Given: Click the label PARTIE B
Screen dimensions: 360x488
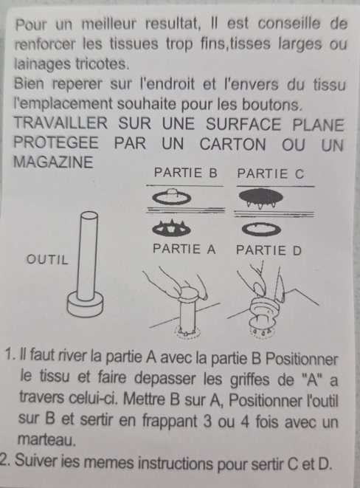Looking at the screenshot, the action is (186, 173).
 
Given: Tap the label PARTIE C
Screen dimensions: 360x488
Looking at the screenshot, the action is (271, 173).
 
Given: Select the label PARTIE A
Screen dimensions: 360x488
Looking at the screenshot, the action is (184, 249).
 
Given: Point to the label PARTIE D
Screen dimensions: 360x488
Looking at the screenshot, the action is (269, 250).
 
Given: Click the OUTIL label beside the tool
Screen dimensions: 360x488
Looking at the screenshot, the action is (47, 260).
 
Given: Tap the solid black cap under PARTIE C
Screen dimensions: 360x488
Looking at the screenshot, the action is (261, 198).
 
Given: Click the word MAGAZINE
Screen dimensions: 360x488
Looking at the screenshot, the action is (53, 162).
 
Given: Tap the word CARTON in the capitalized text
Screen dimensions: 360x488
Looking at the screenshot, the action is (233, 145).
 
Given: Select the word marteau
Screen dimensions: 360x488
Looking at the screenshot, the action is (46, 439).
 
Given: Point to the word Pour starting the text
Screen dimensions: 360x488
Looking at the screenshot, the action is (31, 24).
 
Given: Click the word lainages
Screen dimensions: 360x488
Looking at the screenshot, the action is (42, 65).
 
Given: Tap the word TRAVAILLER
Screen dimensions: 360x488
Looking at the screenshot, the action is (60, 123).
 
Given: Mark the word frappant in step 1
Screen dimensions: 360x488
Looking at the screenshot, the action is (170, 421).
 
